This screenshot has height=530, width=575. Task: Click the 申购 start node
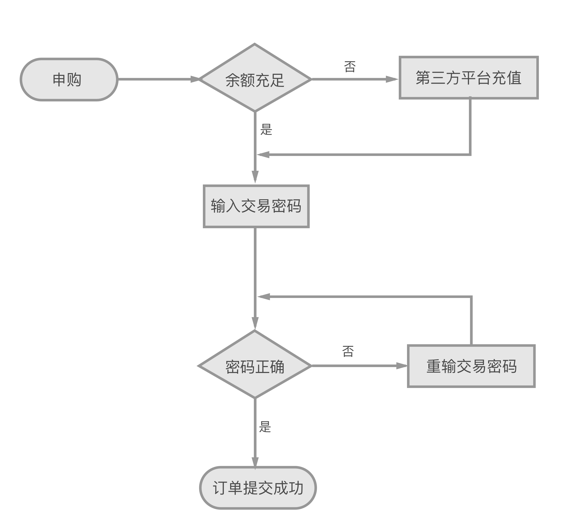pos(69,79)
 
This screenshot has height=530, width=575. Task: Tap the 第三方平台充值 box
pos(468,78)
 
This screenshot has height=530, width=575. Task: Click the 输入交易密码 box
pos(256,206)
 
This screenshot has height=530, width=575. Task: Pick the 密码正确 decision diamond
pos(255,366)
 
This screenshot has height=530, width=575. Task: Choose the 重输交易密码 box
pos(471,366)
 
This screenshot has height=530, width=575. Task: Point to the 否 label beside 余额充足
pos(350,67)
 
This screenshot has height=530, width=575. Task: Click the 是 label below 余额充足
pos(266,129)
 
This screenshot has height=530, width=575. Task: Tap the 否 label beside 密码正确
pos(348,351)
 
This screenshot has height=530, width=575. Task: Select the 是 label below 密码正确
pos(265,427)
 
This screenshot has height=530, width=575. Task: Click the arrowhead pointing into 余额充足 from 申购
pos(195,79)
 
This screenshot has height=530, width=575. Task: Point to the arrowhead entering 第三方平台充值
pos(391,79)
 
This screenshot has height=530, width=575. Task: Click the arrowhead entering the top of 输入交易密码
pos(255,176)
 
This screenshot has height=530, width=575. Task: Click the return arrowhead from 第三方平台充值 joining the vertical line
pos(263,155)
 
